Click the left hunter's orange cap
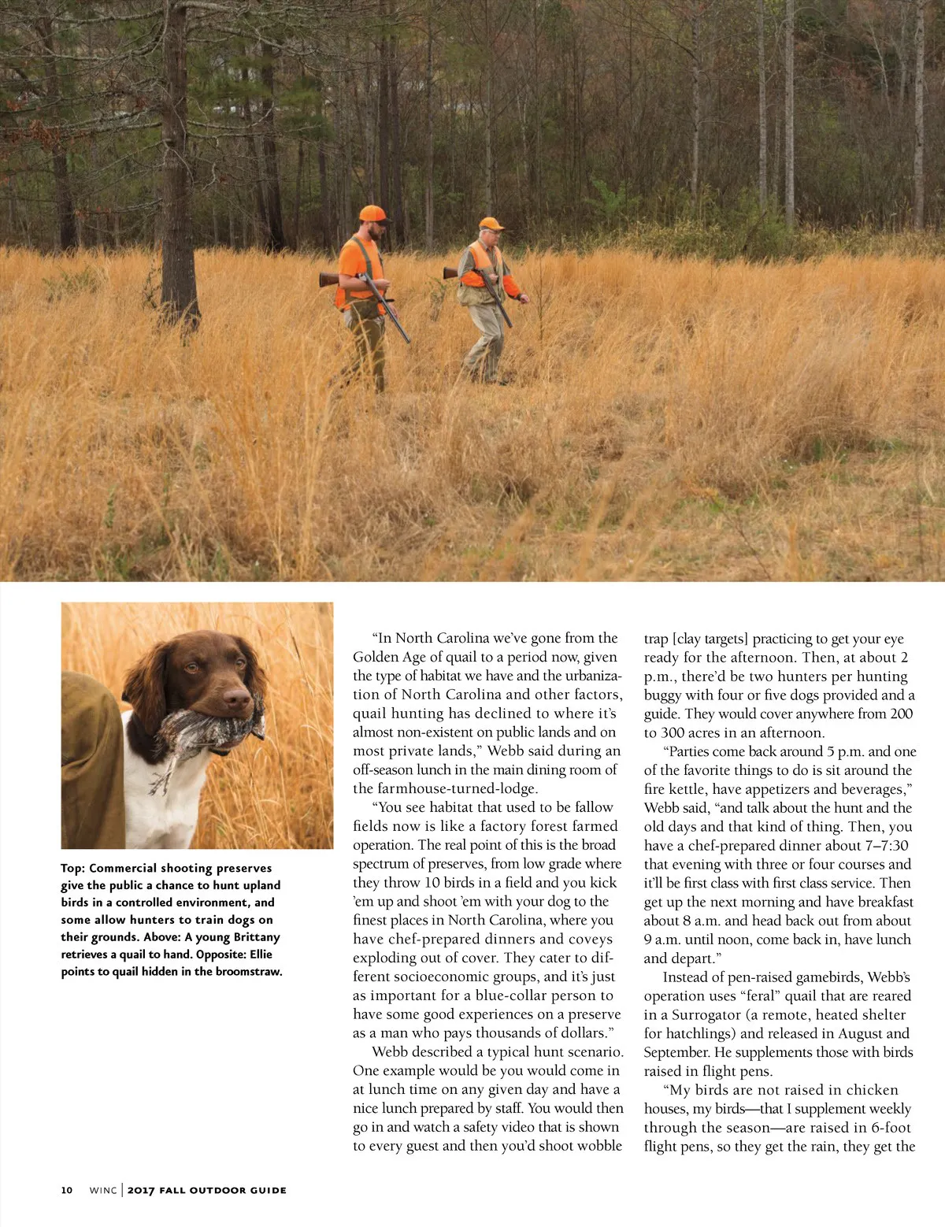coord(372,213)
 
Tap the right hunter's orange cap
coord(490,224)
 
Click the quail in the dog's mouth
coord(209,729)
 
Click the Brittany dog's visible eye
coord(191,669)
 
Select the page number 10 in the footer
coord(66,1190)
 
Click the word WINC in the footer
coord(102,1190)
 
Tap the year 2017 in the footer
coord(141,1190)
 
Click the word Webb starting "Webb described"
coord(390,1052)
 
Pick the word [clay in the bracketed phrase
coord(687,639)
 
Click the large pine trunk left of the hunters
coord(177,197)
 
